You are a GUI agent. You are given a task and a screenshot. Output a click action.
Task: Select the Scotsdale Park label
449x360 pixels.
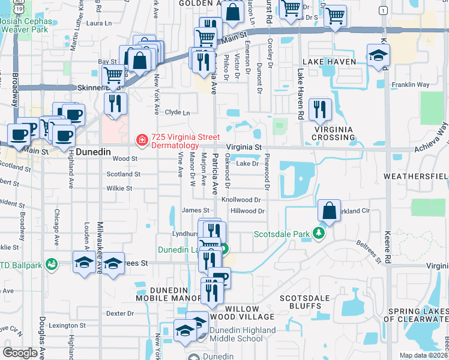(x=283, y=233)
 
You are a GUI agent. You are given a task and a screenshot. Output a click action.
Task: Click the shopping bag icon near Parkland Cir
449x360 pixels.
(x=329, y=211)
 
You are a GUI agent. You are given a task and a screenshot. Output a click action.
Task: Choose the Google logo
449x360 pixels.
(x=20, y=352)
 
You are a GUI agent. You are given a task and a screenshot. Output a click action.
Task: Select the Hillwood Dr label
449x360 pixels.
(x=247, y=211)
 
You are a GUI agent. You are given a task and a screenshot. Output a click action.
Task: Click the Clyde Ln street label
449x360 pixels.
(x=177, y=112)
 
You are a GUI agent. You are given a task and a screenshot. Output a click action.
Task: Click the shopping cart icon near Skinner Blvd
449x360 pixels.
(x=113, y=76)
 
